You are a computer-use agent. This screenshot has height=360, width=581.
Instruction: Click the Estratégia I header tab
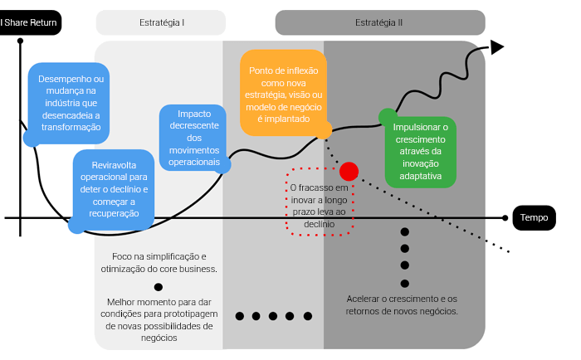pos(161,22)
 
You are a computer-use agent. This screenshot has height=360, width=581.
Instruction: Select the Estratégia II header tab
pos(379,22)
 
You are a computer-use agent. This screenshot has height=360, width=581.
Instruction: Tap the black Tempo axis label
pos(534,217)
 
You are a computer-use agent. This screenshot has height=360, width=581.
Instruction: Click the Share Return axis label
pos(29,22)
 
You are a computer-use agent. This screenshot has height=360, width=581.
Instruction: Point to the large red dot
pos(349,171)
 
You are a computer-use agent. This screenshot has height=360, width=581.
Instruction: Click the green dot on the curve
pos(387,116)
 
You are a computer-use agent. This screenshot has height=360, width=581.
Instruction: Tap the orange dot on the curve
pos(325,129)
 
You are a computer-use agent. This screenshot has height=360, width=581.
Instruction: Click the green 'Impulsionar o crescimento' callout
pos(421,152)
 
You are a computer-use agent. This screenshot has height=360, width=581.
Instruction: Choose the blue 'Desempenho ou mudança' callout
pos(70,104)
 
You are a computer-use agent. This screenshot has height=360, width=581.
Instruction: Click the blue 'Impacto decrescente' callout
pos(194,138)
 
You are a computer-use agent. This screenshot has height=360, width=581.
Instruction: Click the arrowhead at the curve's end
pos(497,47)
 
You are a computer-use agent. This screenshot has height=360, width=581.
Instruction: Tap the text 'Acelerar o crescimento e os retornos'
pos(402,304)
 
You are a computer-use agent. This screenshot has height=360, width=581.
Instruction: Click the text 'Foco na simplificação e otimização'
pos(159,262)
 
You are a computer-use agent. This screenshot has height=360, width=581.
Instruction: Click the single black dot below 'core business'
pos(159,287)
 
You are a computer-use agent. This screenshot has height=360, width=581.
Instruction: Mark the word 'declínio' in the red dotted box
pos(320,224)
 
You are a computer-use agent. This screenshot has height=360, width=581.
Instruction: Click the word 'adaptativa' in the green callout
pos(421,176)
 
